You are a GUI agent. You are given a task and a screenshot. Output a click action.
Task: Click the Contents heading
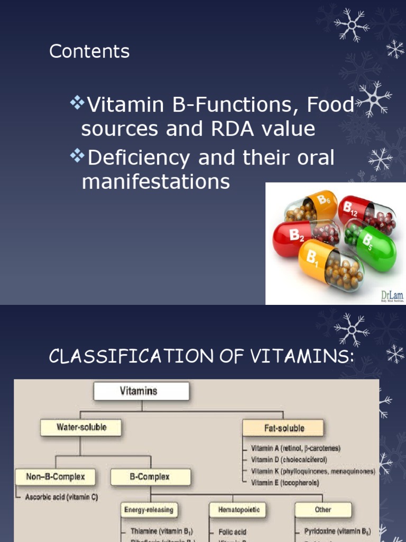[89, 51]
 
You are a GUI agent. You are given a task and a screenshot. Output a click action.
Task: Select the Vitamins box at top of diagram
[141, 392]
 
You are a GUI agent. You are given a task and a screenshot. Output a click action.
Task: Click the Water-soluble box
[81, 427]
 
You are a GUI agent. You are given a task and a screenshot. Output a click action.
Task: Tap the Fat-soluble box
[283, 428]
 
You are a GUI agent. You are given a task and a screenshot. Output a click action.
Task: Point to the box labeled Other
[322, 510]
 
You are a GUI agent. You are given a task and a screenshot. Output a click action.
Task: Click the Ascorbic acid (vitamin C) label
[61, 498]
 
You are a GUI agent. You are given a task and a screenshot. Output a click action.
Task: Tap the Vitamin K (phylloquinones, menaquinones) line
[313, 471]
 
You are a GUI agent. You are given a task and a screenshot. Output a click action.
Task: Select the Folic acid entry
[233, 531]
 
